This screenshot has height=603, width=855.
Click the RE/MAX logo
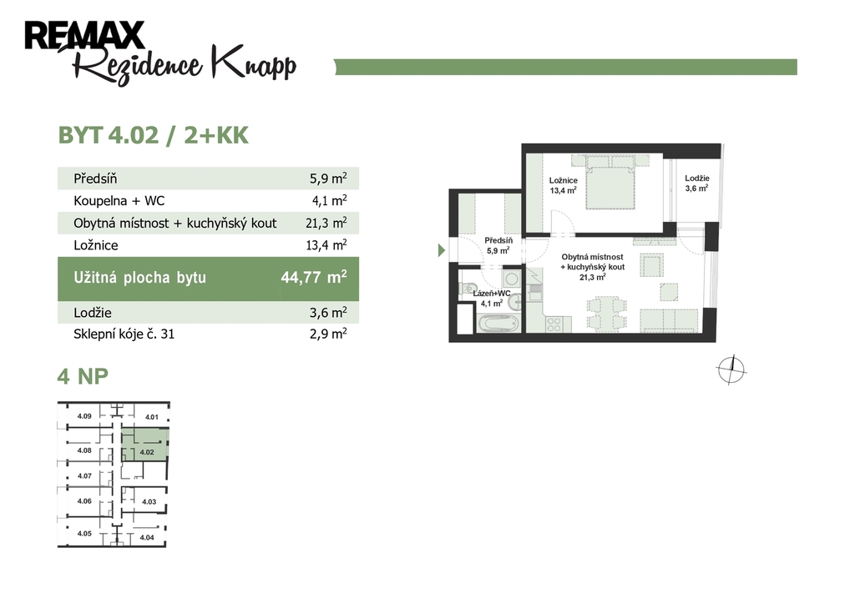[x=84, y=35]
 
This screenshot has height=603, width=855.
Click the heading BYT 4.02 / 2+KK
[x=154, y=135]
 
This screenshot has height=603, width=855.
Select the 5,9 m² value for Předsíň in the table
[x=328, y=178]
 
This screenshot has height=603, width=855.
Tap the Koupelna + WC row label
[x=119, y=200]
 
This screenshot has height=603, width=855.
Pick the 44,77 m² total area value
[x=314, y=277]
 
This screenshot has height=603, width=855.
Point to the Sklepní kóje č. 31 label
[x=124, y=334]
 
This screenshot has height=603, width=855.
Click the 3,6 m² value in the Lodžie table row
[x=328, y=312]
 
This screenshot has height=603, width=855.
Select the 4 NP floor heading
[x=83, y=376]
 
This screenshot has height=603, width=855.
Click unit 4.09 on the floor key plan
[x=84, y=416]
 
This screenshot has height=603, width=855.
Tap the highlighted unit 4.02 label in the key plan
[x=147, y=452]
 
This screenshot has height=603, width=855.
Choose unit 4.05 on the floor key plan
[x=84, y=534]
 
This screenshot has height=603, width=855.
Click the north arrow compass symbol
[x=731, y=369]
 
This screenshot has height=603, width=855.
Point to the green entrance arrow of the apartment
[x=442, y=250]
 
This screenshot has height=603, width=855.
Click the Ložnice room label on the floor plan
[x=564, y=180]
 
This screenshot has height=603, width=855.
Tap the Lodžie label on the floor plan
[x=697, y=178]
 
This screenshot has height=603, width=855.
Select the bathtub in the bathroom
[x=498, y=324]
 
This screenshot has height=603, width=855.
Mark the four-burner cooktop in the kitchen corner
[x=554, y=324]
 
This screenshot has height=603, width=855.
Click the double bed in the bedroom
[x=610, y=183]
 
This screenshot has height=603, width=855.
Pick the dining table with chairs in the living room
[x=606, y=314]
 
